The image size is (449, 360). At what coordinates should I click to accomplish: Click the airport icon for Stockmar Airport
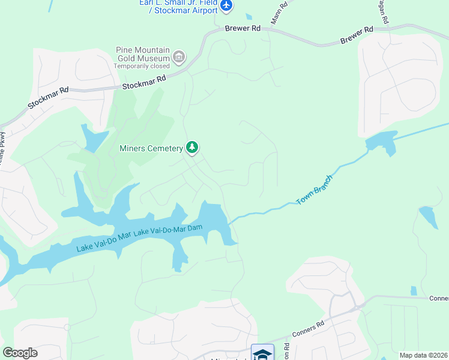point(226,6)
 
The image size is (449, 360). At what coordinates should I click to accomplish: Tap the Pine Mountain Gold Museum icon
point(178,57)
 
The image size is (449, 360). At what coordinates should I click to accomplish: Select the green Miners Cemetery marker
point(192,147)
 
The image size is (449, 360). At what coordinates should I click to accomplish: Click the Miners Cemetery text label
point(151,148)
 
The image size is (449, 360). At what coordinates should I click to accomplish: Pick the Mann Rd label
point(279,12)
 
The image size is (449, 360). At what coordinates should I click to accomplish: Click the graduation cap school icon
point(262,353)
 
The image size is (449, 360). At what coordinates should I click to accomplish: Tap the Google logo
point(20,353)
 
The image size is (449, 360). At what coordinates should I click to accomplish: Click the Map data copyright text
point(424,355)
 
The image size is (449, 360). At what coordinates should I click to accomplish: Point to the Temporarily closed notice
point(142,66)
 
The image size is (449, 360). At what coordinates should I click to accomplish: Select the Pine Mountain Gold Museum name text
point(143,53)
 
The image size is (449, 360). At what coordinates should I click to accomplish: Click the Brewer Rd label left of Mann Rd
point(243,28)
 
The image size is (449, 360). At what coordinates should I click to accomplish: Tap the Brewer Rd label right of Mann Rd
point(357,35)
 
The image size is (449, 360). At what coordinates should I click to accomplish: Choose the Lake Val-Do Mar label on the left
point(103,241)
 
